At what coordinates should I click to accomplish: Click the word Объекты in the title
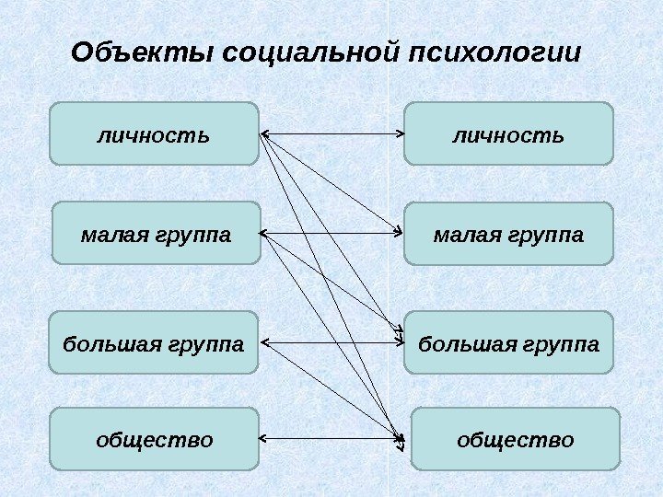[x=144, y=52]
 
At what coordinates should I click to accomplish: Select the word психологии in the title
[x=494, y=52]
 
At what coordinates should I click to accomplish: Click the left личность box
[x=154, y=133]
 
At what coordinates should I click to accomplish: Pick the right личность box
[x=508, y=133]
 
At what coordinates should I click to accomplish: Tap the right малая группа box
[x=508, y=233]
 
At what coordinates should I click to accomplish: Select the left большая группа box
[x=154, y=342]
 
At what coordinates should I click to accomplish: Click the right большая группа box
[x=508, y=342]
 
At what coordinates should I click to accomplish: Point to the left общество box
[x=154, y=439]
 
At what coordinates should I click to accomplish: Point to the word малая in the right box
[x=458, y=234]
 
